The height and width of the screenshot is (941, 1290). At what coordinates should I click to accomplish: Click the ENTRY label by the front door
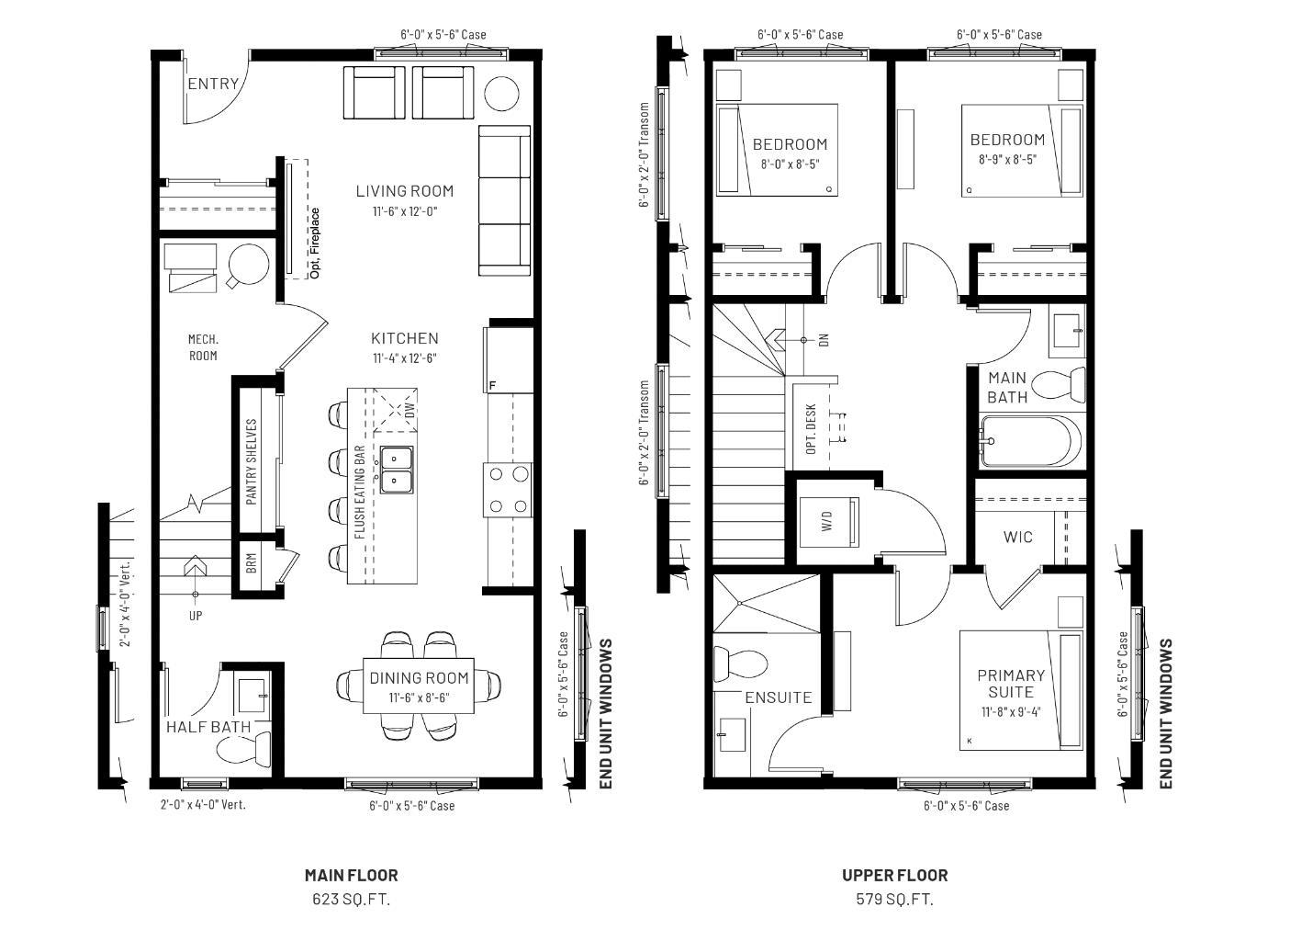[213, 84]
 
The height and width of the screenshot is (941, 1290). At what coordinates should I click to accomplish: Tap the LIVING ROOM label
[405, 191]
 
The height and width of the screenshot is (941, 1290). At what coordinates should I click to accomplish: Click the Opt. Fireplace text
[315, 243]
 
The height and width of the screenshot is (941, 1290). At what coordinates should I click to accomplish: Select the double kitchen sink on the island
[397, 469]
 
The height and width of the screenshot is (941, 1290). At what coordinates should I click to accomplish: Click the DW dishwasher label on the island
[409, 410]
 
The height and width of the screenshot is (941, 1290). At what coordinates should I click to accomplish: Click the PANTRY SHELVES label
[252, 462]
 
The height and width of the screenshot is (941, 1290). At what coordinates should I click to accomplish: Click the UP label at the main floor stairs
[196, 616]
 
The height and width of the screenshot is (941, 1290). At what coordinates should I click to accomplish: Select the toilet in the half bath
[242, 750]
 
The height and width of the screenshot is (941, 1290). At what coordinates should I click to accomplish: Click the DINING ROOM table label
[419, 678]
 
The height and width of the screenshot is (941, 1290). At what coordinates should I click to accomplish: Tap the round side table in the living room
[501, 94]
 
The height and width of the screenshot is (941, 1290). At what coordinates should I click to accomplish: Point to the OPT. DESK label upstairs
[811, 429]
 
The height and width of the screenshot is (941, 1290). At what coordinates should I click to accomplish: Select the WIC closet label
[1017, 537]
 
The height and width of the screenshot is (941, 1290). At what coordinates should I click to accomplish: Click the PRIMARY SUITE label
[1011, 684]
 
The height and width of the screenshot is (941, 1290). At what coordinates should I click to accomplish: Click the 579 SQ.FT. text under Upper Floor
[894, 900]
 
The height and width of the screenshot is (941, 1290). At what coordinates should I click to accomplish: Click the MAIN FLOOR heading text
[351, 875]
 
